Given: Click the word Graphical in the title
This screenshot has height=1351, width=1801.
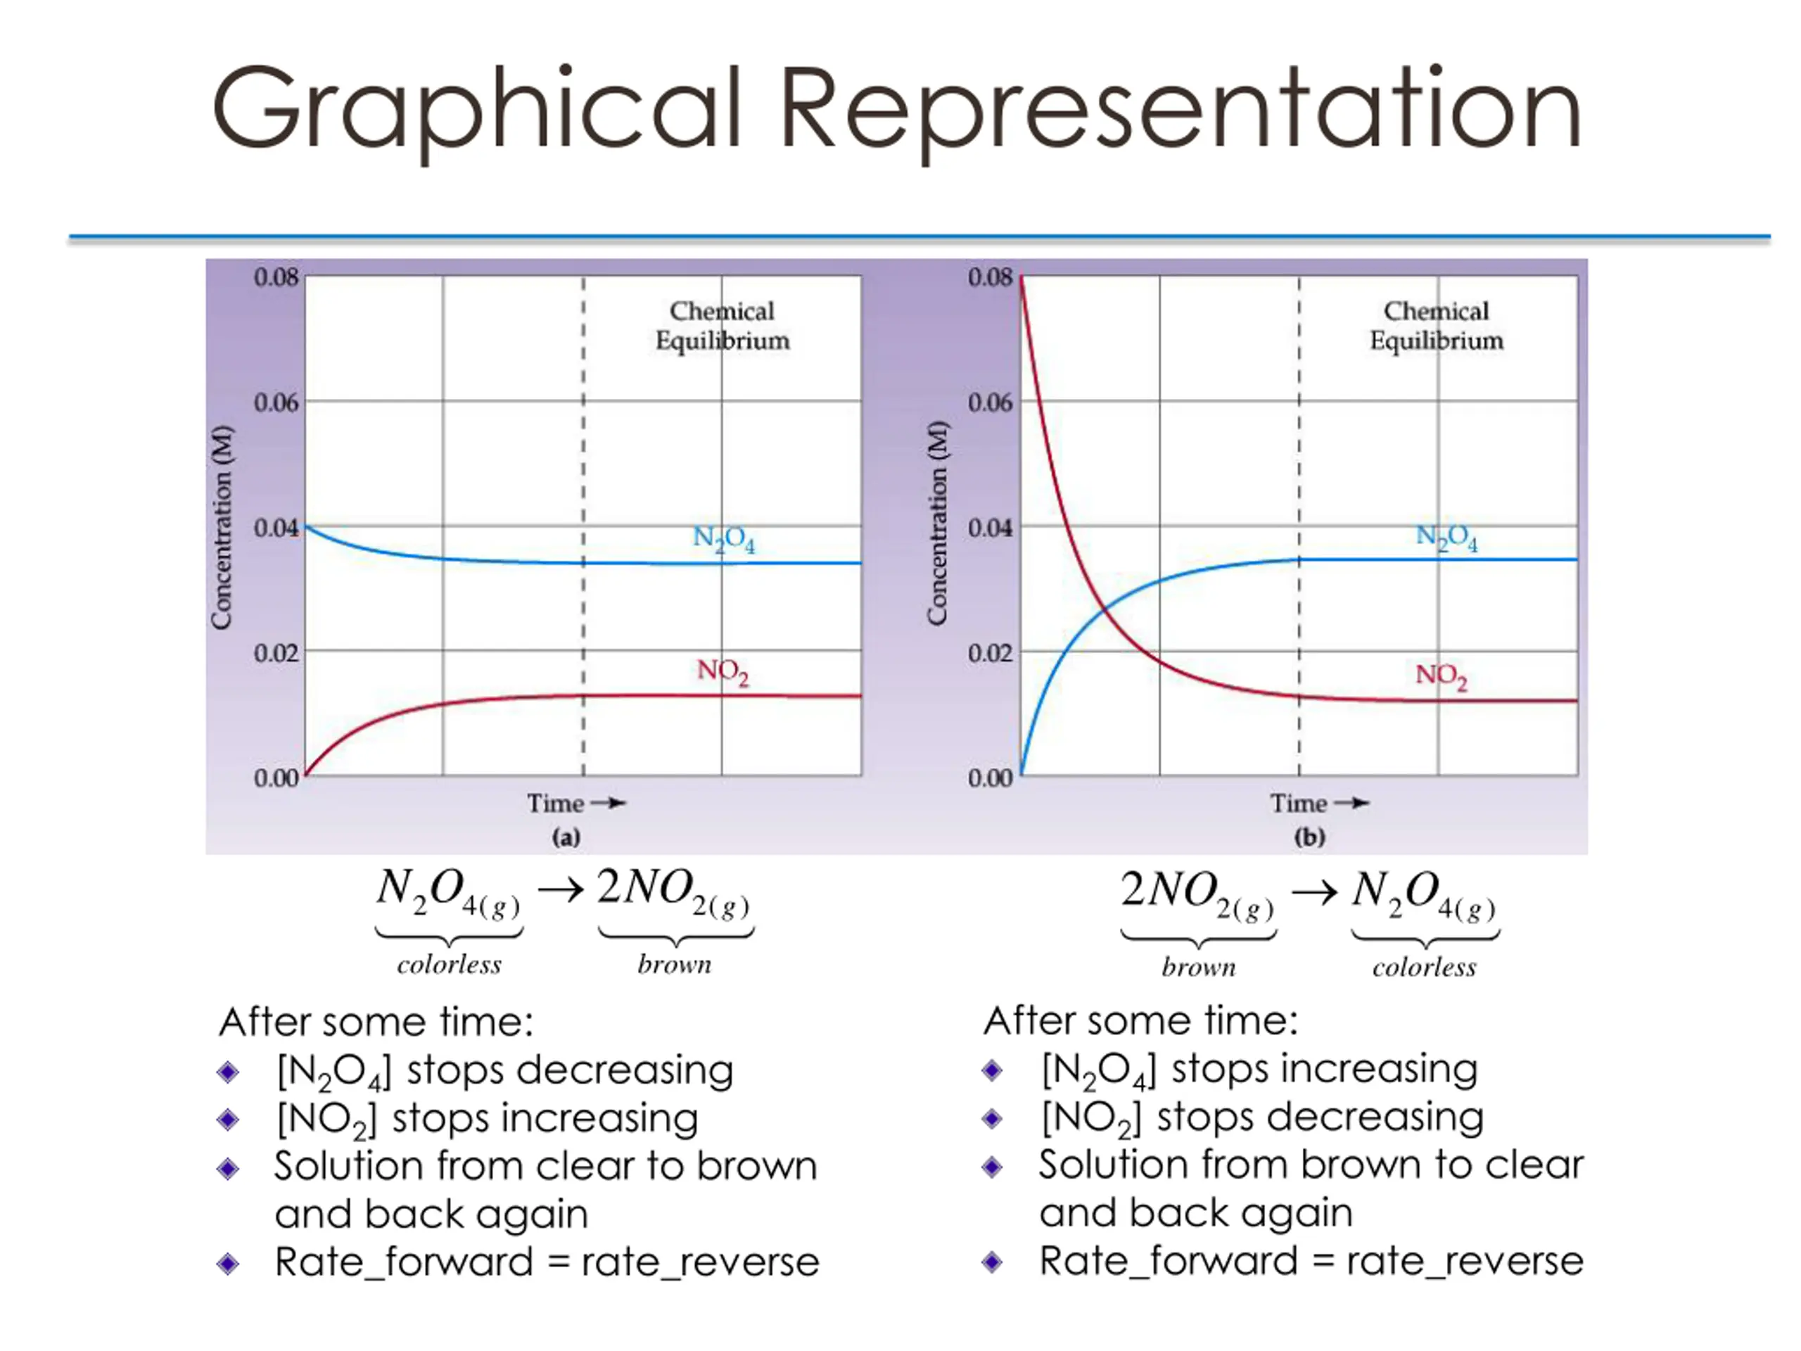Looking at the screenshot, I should click(x=476, y=110).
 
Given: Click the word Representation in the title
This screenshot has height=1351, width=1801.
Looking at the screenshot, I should click(x=1180, y=110).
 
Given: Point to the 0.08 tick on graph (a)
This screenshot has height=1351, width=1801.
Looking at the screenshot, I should click(x=276, y=278).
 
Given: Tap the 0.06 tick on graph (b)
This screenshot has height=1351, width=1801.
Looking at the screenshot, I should click(x=990, y=402).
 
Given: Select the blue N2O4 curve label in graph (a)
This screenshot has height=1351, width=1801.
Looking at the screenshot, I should click(x=723, y=538).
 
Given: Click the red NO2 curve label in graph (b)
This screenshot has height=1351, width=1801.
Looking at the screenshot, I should click(x=1441, y=676).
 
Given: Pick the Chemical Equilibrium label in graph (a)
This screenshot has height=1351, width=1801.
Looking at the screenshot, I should click(x=723, y=326).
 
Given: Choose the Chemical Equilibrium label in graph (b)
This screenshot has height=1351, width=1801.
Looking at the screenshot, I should click(x=1437, y=326).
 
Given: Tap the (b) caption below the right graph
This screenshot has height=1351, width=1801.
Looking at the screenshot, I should click(x=1309, y=837).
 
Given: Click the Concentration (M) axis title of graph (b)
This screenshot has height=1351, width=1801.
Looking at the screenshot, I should click(x=937, y=524).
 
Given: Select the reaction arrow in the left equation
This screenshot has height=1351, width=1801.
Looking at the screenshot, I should click(x=560, y=890).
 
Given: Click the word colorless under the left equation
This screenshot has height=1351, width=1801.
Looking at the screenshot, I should click(x=449, y=965).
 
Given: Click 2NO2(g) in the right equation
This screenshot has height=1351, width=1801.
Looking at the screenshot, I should click(x=1197, y=894).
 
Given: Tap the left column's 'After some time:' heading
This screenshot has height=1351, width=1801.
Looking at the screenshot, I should click(x=376, y=1022).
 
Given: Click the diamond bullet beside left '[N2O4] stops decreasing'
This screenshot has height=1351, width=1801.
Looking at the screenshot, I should click(x=229, y=1072).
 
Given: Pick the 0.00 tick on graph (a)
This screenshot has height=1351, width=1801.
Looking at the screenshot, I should click(x=276, y=778).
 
